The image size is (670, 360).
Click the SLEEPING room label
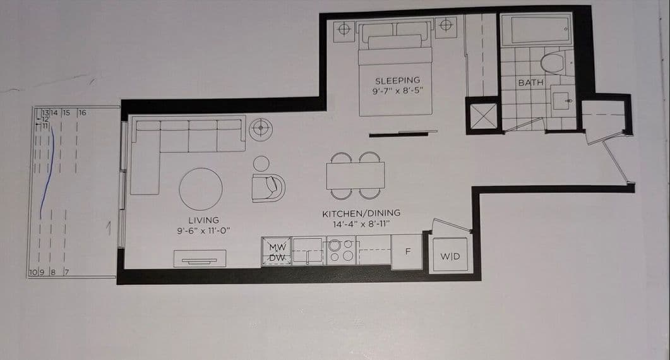tap(397, 81)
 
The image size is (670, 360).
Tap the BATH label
tap(530, 83)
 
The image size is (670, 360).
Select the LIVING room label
tap(203, 220)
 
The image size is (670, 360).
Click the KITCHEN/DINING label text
tap(361, 213)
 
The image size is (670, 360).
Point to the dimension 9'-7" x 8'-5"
tap(397, 90)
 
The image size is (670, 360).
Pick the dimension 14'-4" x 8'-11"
tap(361, 223)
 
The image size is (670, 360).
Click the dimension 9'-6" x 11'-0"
tap(203, 231)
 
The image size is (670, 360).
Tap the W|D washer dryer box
tap(450, 256)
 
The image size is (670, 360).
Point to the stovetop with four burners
tap(342, 251)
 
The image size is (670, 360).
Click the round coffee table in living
tap(201, 188)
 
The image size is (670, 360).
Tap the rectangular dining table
tap(355, 175)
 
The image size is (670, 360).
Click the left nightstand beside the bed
tap(344, 28)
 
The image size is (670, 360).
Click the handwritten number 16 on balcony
tap(82, 112)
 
